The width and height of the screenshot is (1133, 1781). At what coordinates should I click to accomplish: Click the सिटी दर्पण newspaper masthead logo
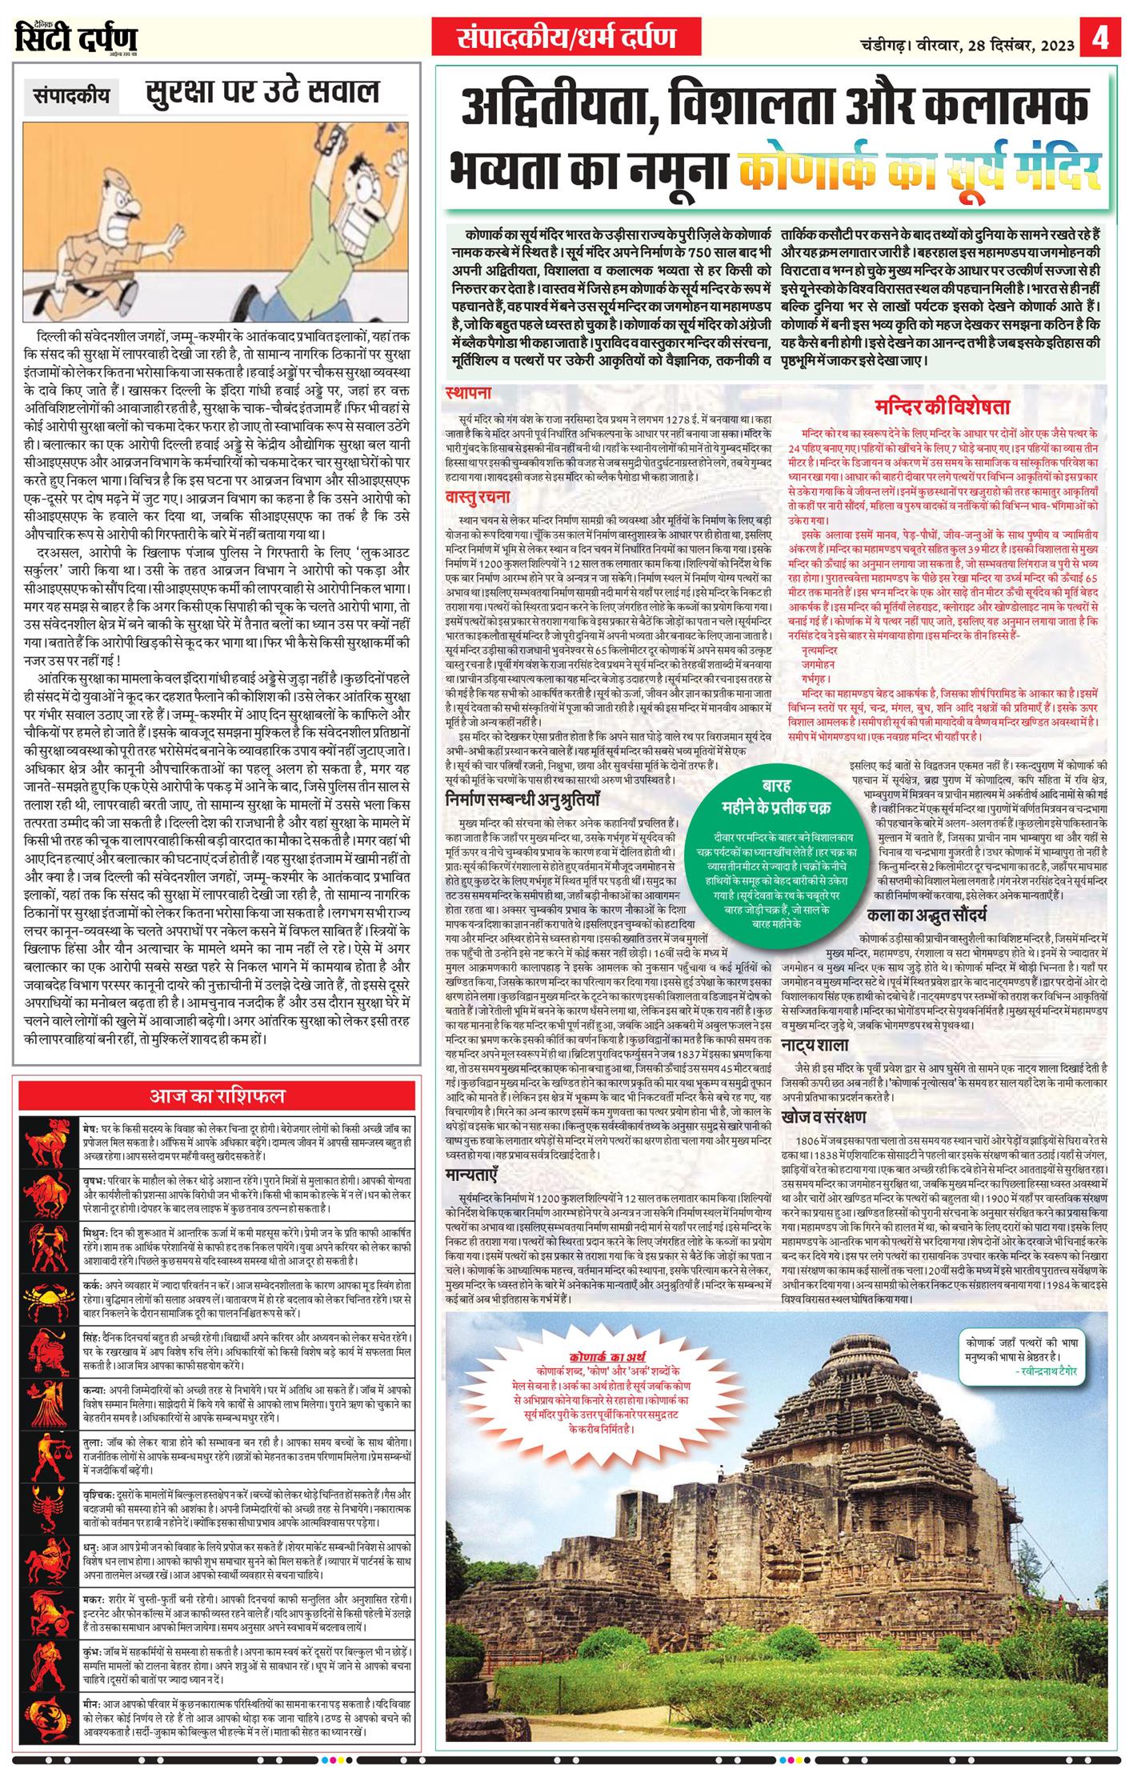pos(76,38)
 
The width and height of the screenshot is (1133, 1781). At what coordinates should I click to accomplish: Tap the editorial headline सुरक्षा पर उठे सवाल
pos(262,92)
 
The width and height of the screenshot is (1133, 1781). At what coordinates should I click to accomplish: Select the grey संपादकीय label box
pos(71,95)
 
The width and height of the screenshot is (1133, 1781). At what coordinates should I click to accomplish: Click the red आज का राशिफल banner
pos(217,1095)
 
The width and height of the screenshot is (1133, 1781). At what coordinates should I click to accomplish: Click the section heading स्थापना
pos(469,393)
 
